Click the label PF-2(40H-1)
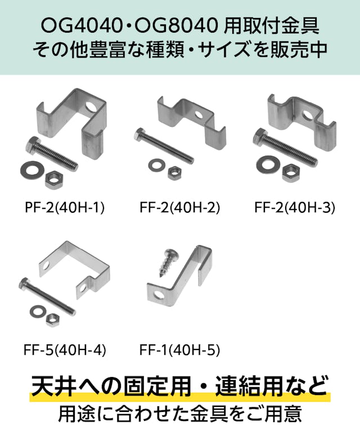pos(65,208)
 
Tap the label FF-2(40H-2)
pos(180,208)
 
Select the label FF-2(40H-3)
pos(295,208)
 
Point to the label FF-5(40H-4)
pos(65,350)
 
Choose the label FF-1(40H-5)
pos(180,350)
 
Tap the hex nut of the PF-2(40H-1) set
pos(54,179)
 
